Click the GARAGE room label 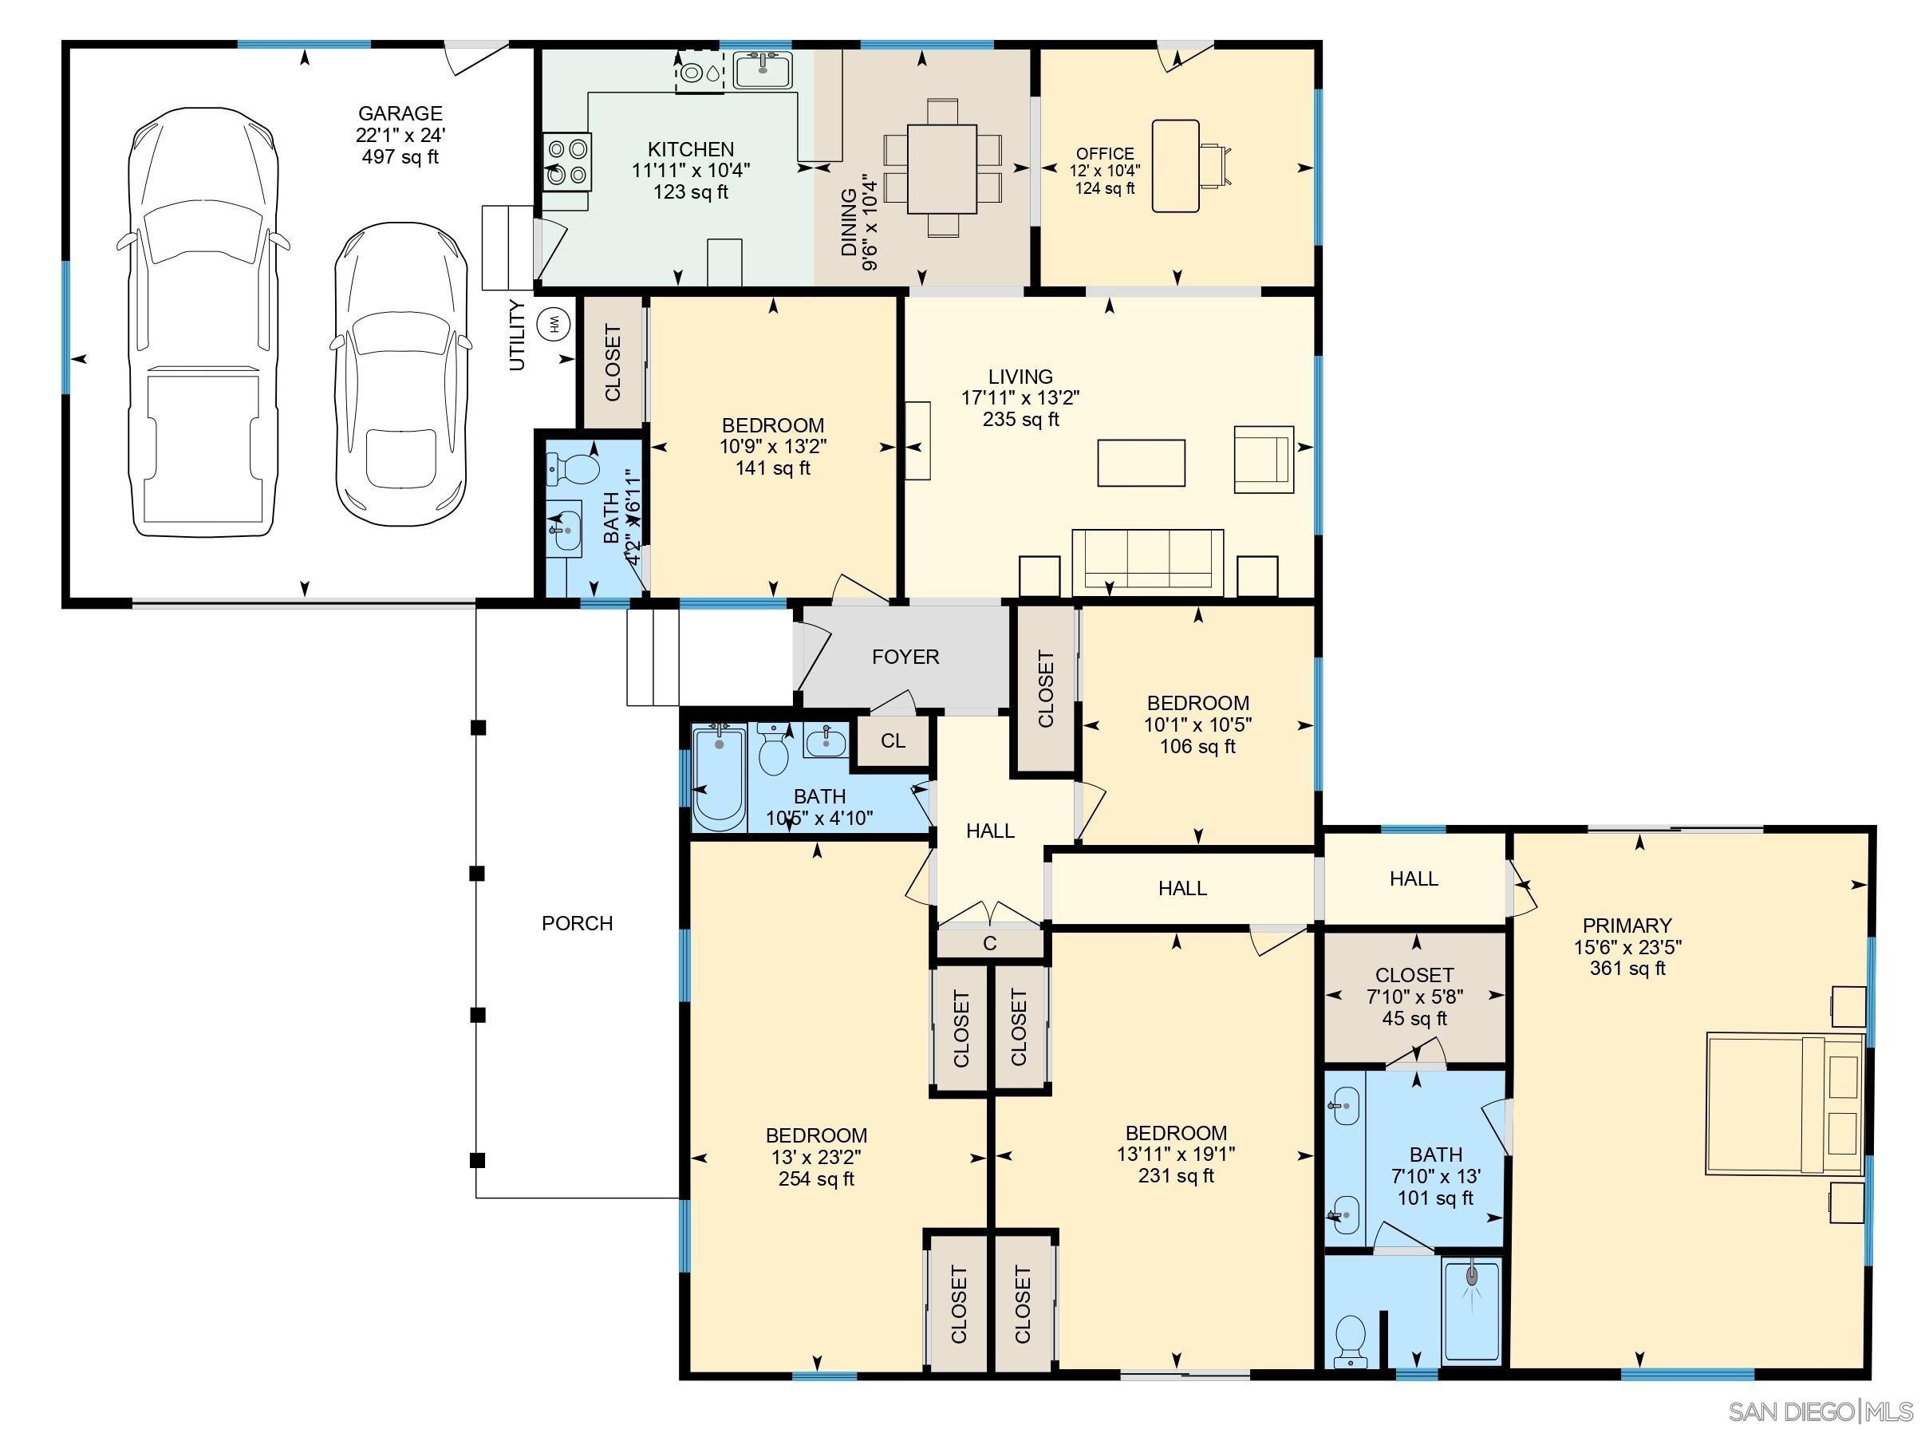pyautogui.click(x=400, y=113)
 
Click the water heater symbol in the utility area pyautogui.click(x=552, y=325)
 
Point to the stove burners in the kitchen pyautogui.click(x=567, y=162)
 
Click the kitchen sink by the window pyautogui.click(x=763, y=69)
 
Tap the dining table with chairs pyautogui.click(x=942, y=168)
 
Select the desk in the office pyautogui.click(x=1175, y=166)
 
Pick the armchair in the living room pyautogui.click(x=1263, y=460)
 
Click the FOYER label pyautogui.click(x=905, y=657)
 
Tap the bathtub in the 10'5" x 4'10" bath pyautogui.click(x=719, y=779)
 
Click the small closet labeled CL pyautogui.click(x=893, y=741)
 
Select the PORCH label pyautogui.click(x=577, y=924)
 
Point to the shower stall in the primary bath pyautogui.click(x=1471, y=1312)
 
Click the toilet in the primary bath pyautogui.click(x=1349, y=1340)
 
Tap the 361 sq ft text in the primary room pyautogui.click(x=1626, y=969)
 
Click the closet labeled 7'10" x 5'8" pyautogui.click(x=1414, y=997)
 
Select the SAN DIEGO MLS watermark pyautogui.click(x=1820, y=1411)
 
